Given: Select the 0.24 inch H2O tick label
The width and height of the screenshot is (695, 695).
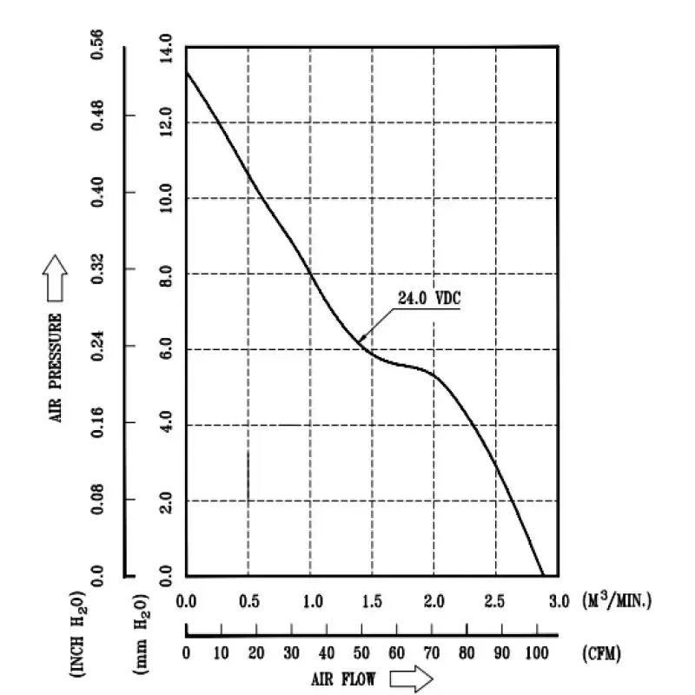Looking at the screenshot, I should [98, 347].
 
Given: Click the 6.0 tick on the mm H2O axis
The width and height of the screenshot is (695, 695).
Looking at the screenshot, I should [165, 349].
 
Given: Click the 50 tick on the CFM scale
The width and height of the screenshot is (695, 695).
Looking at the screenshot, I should [361, 654].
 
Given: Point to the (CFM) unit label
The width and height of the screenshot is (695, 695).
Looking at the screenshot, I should [603, 654].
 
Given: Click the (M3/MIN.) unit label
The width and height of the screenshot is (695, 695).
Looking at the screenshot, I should [616, 599].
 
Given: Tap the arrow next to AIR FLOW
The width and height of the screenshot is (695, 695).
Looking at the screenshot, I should [411, 678].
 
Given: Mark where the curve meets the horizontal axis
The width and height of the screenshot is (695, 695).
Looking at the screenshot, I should [543, 575].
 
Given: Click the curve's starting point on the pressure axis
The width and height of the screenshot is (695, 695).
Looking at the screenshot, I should [187, 71].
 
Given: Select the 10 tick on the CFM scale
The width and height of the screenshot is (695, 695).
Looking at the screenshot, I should [222, 654].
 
